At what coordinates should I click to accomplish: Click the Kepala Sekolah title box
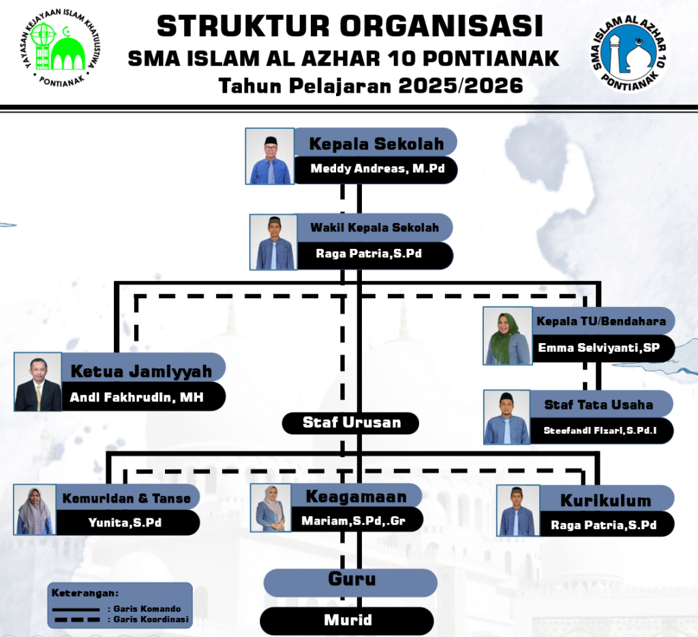[x=376, y=144]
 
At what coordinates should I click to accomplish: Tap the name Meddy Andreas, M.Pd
[x=377, y=169]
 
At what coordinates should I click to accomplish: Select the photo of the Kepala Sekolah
[x=270, y=156]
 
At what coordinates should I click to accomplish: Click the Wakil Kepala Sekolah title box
[x=375, y=227]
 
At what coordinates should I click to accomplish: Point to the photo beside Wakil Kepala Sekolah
[x=273, y=241]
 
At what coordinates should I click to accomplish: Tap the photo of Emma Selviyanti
[x=507, y=336]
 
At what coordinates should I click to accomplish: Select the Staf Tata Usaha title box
[x=598, y=404]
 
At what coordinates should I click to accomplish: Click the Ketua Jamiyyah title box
[x=142, y=372]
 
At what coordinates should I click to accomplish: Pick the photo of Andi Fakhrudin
[x=38, y=382]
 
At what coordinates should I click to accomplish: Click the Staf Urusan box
[x=351, y=423]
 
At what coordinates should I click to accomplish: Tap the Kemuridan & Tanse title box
[x=127, y=499]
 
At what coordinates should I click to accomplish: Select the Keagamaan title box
[x=355, y=497]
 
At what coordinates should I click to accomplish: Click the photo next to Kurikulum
[x=518, y=511]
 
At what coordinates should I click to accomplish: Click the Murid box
[x=347, y=620]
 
